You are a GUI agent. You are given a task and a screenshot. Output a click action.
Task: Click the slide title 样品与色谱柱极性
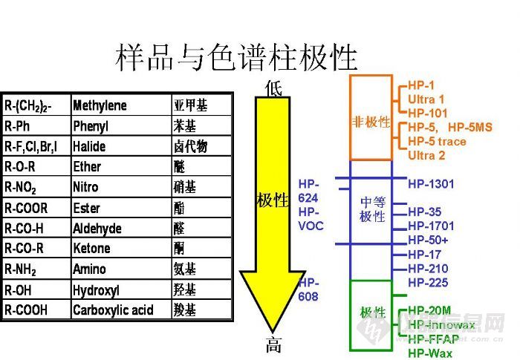(236, 57)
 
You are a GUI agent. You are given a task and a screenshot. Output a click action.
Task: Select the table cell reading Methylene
(100, 105)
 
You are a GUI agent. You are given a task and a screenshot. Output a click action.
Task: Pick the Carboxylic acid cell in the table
(113, 310)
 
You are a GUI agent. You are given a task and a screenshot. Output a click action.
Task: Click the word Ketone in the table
(91, 249)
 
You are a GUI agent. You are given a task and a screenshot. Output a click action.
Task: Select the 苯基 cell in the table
(185, 126)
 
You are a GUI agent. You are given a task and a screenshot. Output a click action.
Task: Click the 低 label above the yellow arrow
(273, 89)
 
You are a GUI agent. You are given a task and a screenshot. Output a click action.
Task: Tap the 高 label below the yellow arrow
(273, 345)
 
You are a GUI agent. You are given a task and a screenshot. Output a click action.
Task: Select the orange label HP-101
(427, 113)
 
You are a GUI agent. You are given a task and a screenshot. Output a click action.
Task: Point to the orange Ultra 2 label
(426, 155)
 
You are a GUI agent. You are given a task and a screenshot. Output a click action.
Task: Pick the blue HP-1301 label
(431, 183)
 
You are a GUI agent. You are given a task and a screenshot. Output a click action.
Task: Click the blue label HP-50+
(428, 240)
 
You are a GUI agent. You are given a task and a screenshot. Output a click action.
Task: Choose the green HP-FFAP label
(433, 339)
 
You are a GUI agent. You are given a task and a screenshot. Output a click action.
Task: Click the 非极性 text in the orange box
(371, 122)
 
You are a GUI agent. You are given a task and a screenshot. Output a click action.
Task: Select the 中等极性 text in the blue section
(372, 209)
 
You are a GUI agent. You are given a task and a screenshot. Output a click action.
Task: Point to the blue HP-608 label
(309, 289)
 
